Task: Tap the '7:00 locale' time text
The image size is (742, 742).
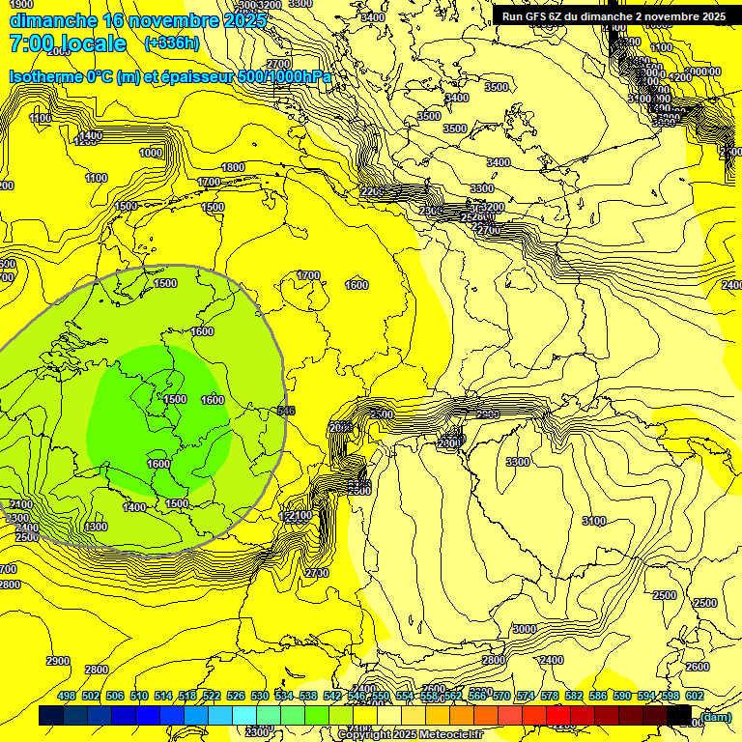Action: (68, 43)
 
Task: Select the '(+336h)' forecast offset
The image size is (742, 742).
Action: (172, 43)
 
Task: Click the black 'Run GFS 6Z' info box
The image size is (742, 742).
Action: (614, 16)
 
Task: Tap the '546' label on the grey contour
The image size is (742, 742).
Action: (286, 411)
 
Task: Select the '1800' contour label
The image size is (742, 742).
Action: (233, 167)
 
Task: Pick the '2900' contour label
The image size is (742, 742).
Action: (58, 661)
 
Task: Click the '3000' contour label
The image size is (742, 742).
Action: (524, 629)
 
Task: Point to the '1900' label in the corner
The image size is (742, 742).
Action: (19, 4)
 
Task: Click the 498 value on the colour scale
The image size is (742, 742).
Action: (67, 697)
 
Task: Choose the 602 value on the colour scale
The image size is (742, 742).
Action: (694, 697)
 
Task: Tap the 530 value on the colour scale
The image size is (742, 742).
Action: (260, 697)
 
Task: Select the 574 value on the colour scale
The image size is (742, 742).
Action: (526, 697)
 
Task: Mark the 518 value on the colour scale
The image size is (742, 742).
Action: (187, 697)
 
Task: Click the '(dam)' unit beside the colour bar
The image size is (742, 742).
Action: (716, 716)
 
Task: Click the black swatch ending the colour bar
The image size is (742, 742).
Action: (678, 716)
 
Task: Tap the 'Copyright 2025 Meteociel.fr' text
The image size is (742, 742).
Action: (411, 735)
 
